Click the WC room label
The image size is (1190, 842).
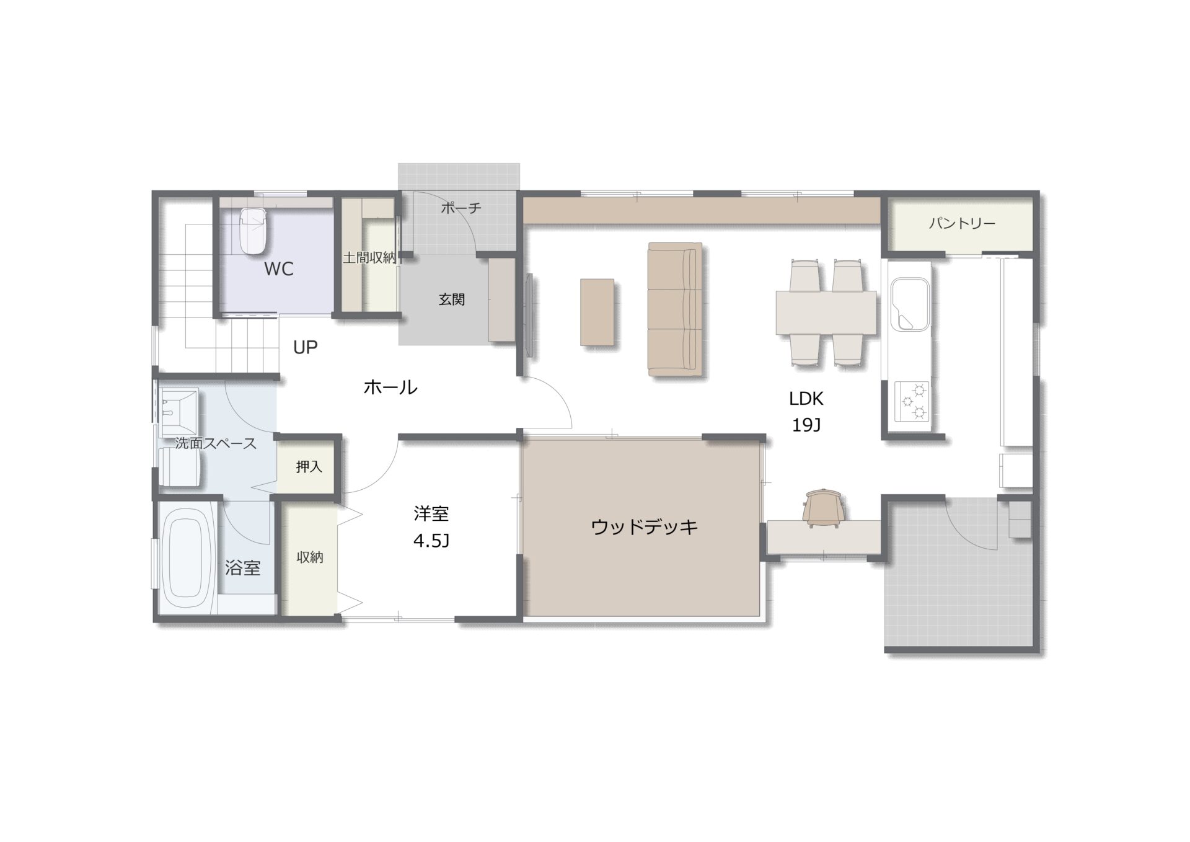click(279, 269)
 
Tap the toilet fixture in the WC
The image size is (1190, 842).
click(253, 231)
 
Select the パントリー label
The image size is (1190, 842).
click(962, 224)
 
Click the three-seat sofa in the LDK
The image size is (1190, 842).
click(675, 309)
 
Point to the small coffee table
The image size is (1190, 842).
click(597, 312)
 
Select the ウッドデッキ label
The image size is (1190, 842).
click(645, 527)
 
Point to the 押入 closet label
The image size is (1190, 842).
click(309, 466)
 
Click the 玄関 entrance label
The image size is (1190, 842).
click(452, 299)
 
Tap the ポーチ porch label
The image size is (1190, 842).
click(461, 208)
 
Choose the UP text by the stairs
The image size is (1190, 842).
click(306, 348)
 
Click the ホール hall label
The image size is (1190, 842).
click(390, 388)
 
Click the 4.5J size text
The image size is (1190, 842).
click(431, 541)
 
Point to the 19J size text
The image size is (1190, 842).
click(806, 425)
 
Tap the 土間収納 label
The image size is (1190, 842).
click(369, 257)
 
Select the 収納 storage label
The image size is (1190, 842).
click(310, 557)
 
